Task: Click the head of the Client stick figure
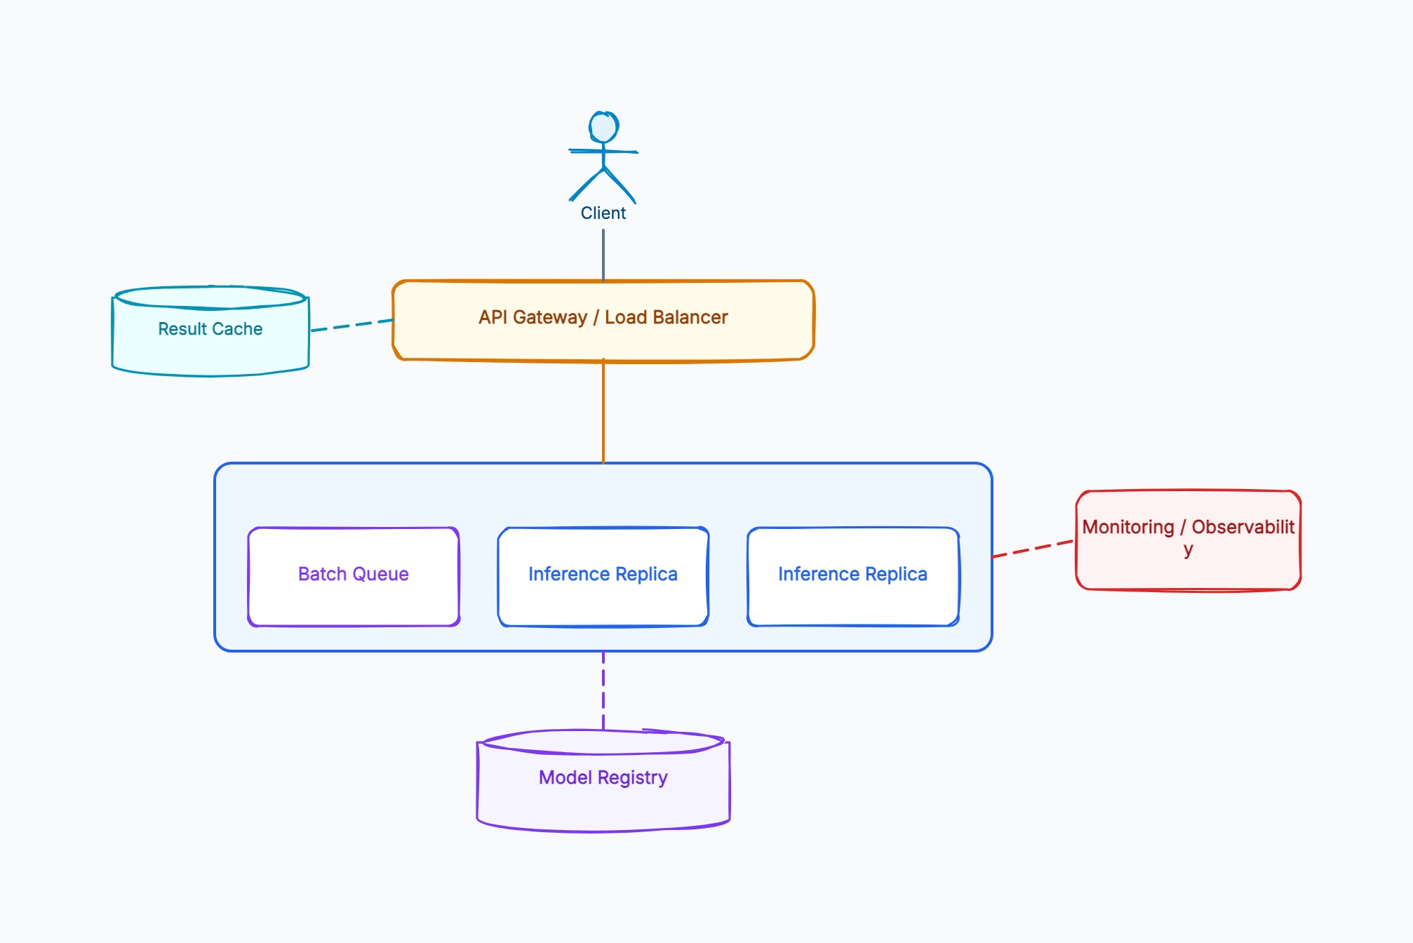point(603,127)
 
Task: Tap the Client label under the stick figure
point(603,213)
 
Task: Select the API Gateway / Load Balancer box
point(603,321)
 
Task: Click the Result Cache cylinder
point(210,331)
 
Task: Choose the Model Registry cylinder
point(603,781)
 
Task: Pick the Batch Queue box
point(354,576)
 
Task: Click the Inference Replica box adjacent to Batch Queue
point(603,576)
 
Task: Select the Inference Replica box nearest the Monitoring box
point(853,576)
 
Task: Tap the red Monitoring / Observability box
point(1188,540)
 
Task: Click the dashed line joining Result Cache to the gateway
point(352,325)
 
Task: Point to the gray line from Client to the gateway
point(603,255)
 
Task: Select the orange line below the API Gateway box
point(603,412)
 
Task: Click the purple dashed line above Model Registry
point(603,691)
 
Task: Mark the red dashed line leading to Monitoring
point(1033,549)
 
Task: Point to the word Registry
point(633,778)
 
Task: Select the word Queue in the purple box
point(380,575)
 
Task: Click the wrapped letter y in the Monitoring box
point(1188,551)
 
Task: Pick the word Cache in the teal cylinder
point(237,329)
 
